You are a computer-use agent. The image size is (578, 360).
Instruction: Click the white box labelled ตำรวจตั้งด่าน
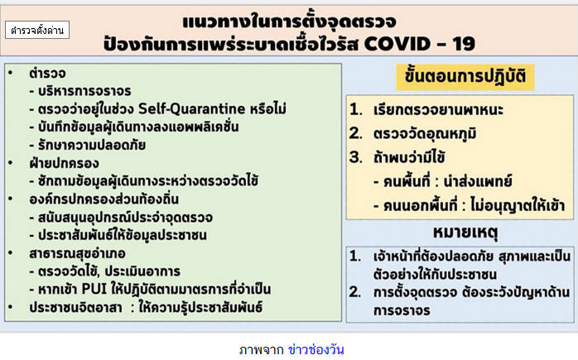(x=37, y=30)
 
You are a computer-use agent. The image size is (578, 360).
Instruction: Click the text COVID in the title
(x=397, y=44)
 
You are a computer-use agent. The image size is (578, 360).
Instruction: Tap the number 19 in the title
(x=464, y=44)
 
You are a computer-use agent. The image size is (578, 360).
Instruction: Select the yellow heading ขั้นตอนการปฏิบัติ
(x=465, y=77)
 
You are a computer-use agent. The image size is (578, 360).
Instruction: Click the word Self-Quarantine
(x=191, y=108)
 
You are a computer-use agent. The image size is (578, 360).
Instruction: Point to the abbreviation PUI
(x=94, y=289)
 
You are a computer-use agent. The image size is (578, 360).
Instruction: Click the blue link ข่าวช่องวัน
(x=315, y=349)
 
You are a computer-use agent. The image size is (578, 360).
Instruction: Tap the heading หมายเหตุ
(x=465, y=233)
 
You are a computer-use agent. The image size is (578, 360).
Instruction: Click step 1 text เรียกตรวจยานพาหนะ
(x=438, y=110)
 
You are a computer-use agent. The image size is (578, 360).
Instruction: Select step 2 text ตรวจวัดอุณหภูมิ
(x=425, y=133)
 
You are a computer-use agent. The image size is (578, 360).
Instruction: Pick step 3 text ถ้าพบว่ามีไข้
(x=409, y=157)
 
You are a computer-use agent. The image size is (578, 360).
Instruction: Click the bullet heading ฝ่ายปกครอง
(x=64, y=163)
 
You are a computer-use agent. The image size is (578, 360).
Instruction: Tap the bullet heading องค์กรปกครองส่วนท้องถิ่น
(x=104, y=199)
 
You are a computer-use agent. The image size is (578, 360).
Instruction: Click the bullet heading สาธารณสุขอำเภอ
(x=77, y=253)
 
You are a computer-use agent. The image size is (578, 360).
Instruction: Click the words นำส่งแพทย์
(x=478, y=181)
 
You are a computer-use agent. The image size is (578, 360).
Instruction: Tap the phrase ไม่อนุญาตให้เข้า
(x=518, y=205)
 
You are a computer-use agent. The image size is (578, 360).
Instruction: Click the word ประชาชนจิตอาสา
(x=75, y=307)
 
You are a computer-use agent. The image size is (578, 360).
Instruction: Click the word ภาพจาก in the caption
(x=262, y=350)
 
